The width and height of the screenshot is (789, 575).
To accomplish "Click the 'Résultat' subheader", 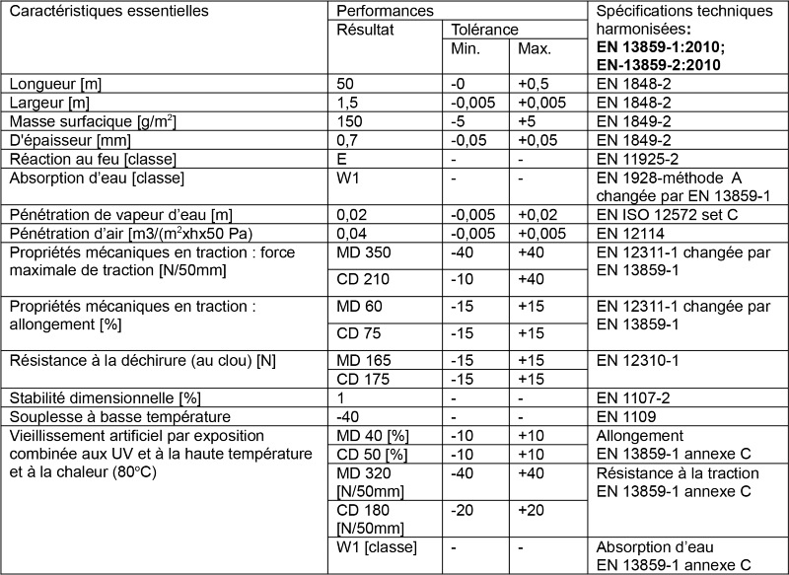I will pyautogui.click(x=366, y=30).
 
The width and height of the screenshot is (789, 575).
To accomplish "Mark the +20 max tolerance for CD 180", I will pyautogui.click(x=534, y=511).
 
